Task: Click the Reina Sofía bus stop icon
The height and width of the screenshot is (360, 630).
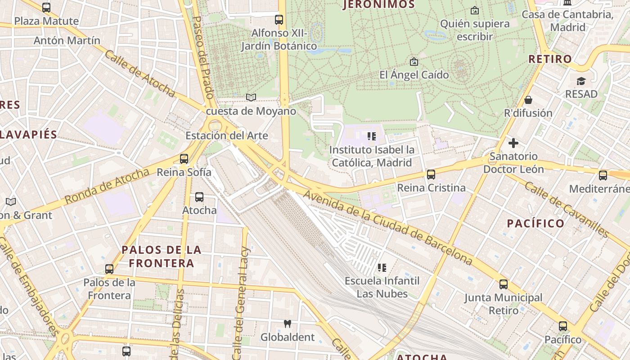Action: (x=184, y=159)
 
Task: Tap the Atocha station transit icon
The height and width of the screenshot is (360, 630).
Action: (x=199, y=197)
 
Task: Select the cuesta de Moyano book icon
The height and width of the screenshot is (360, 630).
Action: (x=251, y=97)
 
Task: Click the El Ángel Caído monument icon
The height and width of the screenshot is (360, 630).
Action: (x=414, y=62)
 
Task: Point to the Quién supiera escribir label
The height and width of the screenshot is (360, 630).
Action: (x=475, y=30)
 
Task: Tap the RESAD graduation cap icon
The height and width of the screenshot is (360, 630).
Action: (x=581, y=81)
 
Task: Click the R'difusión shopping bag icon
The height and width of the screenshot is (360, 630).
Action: (x=528, y=100)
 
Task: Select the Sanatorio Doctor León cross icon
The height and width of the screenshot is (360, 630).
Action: (x=513, y=144)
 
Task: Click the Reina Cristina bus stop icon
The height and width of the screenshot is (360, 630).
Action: (x=431, y=175)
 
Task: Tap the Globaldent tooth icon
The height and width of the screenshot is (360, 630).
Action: (x=288, y=324)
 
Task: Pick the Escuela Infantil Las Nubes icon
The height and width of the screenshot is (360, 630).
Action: (x=382, y=268)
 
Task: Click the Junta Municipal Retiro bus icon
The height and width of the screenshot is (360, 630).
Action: (x=504, y=284)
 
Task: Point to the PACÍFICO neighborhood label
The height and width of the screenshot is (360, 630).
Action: (x=535, y=224)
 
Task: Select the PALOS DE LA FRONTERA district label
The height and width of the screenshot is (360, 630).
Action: (x=162, y=256)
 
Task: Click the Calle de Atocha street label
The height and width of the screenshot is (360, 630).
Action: (x=139, y=73)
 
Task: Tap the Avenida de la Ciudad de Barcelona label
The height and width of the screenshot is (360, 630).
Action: (x=388, y=228)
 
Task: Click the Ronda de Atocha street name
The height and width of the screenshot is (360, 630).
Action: (x=107, y=186)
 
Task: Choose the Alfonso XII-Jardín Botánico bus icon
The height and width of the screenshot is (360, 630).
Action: (x=279, y=20)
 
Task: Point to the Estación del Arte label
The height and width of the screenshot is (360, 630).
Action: (x=227, y=136)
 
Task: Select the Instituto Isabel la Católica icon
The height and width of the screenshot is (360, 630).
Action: (x=371, y=136)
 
